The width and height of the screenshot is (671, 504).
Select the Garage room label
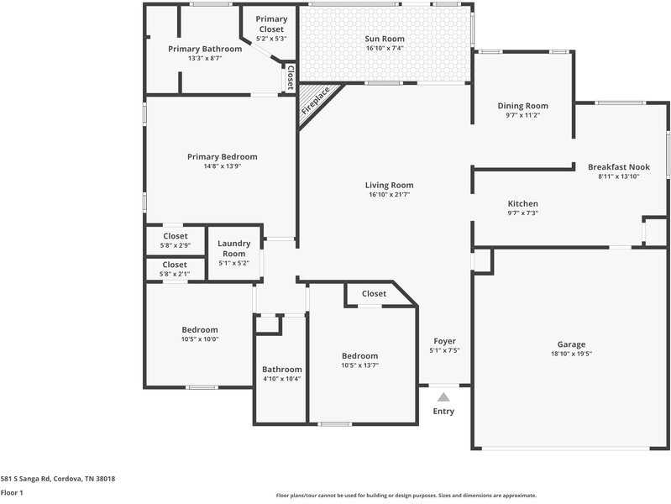click(571, 344)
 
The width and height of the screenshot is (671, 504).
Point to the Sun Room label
click(385, 39)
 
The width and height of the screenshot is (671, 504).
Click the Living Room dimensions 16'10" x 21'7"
click(390, 195)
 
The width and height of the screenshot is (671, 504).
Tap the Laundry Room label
click(233, 249)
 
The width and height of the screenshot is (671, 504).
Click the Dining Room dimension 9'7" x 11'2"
click(522, 115)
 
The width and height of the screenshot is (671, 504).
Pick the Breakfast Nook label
click(618, 167)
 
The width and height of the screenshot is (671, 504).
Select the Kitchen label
click(522, 204)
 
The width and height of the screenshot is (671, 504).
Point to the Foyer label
click(444, 341)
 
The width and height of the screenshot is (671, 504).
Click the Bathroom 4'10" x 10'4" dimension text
click(281, 379)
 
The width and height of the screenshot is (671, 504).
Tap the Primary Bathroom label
click(205, 49)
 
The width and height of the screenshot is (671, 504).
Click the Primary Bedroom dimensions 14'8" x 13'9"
click(222, 166)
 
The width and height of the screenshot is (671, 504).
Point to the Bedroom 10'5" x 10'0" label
click(200, 330)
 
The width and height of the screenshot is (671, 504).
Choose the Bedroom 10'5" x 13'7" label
click(359, 356)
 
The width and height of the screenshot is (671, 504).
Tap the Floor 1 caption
click(12, 492)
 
